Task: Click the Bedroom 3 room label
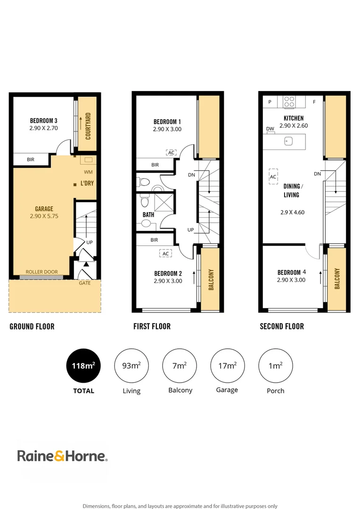click(x=43, y=120)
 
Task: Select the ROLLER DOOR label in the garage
click(x=42, y=272)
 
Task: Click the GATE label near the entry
click(x=85, y=283)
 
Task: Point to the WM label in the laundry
click(x=88, y=172)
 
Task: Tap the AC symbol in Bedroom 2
click(x=165, y=254)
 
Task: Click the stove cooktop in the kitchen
click(x=289, y=102)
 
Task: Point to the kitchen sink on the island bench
click(x=286, y=141)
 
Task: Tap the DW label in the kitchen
click(x=270, y=129)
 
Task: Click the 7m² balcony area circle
click(x=180, y=366)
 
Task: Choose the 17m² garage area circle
click(x=227, y=366)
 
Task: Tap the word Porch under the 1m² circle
click(x=276, y=391)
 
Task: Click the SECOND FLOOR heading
click(x=282, y=326)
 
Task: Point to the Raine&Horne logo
click(x=62, y=456)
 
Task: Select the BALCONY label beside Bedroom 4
click(x=337, y=279)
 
